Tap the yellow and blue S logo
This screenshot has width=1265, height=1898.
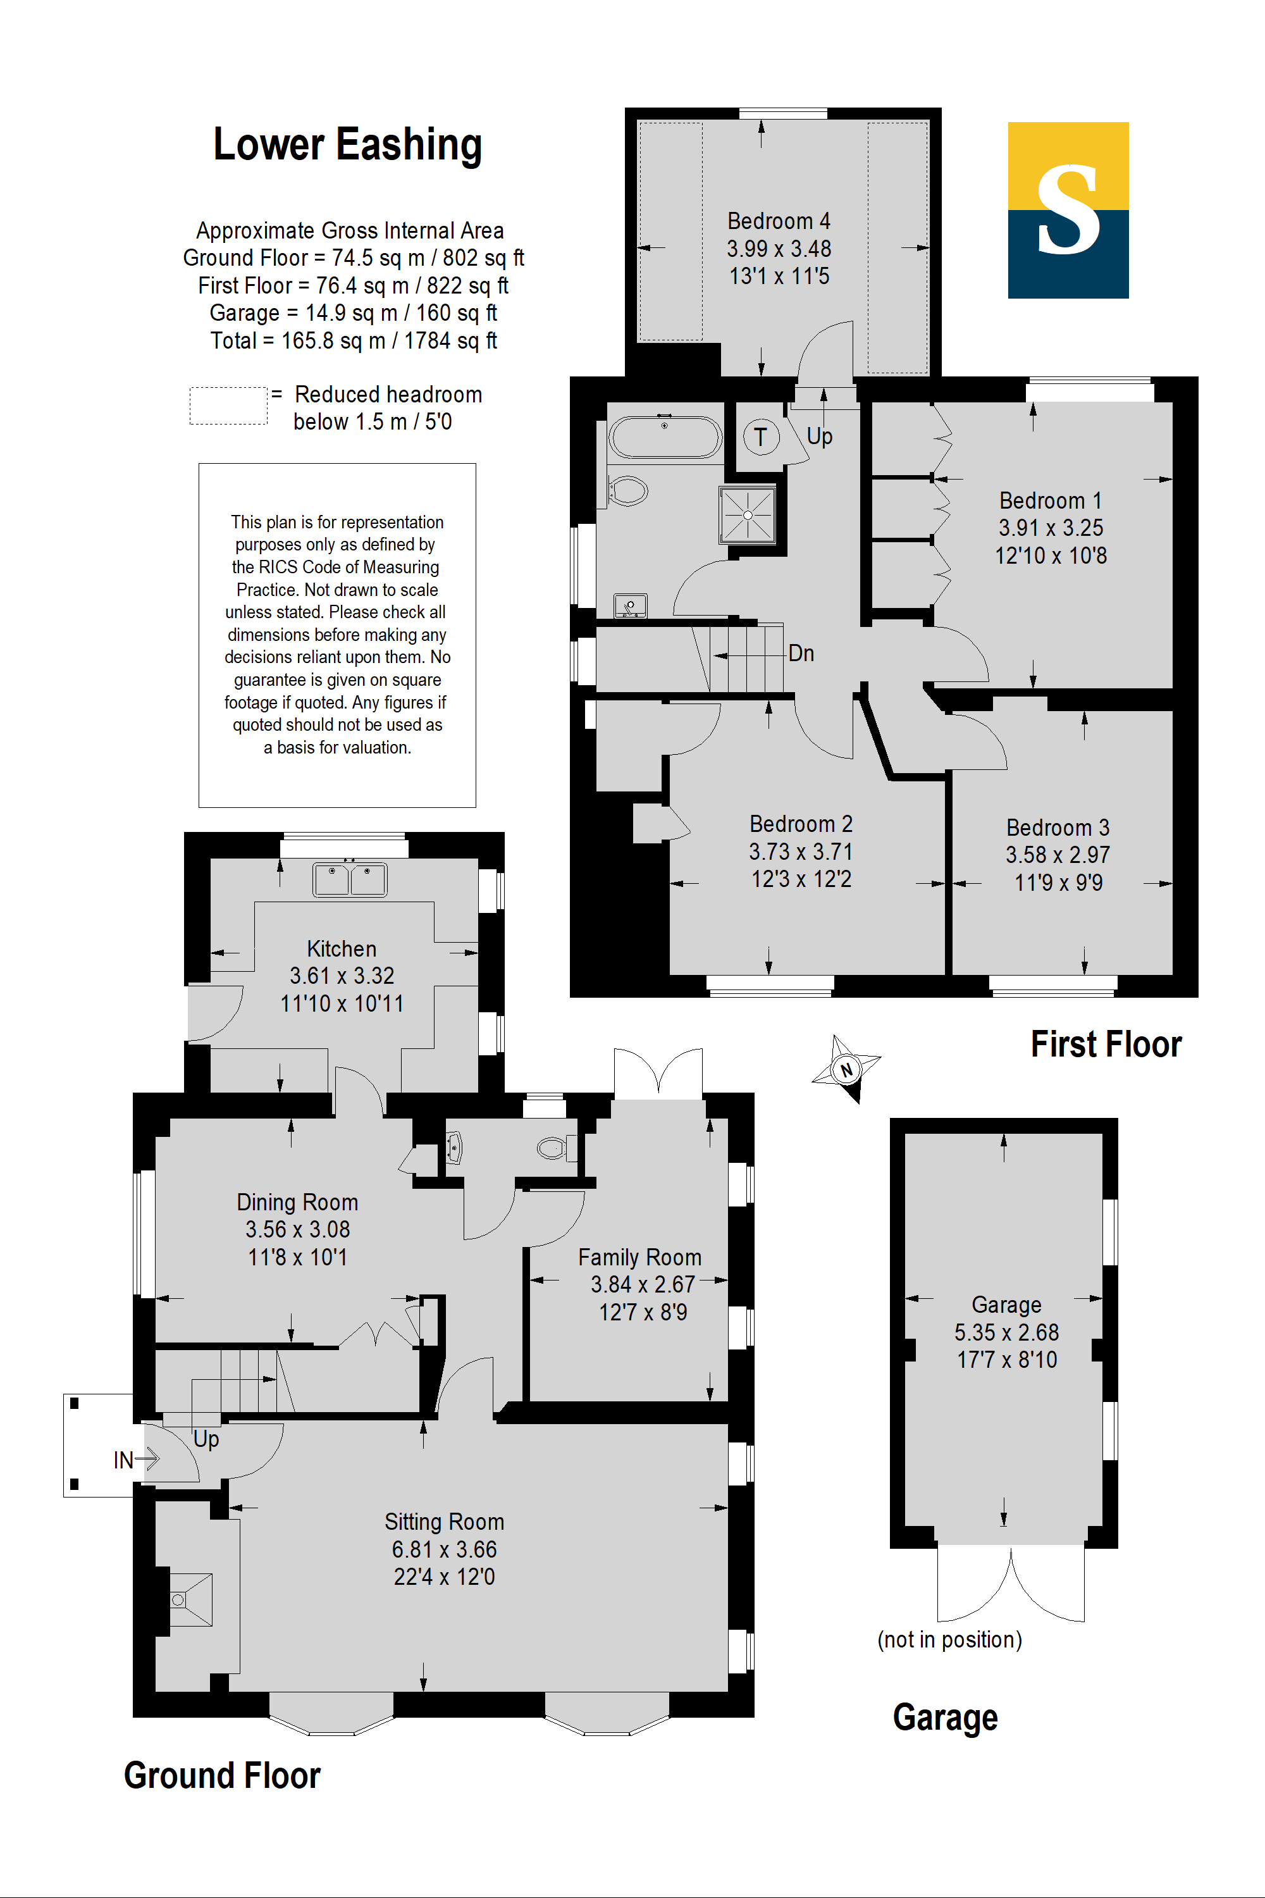click(1068, 210)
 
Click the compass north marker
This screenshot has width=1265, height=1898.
click(846, 1069)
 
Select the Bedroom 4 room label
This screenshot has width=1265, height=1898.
click(779, 220)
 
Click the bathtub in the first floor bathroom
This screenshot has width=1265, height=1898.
click(665, 437)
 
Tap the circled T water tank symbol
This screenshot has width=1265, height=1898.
click(761, 437)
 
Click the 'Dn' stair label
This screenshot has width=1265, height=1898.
click(801, 653)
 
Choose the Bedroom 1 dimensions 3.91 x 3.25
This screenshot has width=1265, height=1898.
click(1051, 528)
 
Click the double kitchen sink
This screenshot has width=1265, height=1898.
click(349, 879)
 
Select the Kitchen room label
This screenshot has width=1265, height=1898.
click(342, 948)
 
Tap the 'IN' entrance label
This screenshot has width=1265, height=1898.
click(123, 1460)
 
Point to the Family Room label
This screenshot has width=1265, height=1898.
click(639, 1257)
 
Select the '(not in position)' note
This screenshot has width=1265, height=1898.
click(949, 1639)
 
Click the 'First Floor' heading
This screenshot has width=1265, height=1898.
click(1106, 1045)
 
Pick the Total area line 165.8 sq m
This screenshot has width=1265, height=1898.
click(354, 340)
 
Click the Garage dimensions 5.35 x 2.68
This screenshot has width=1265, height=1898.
click(1007, 1332)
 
